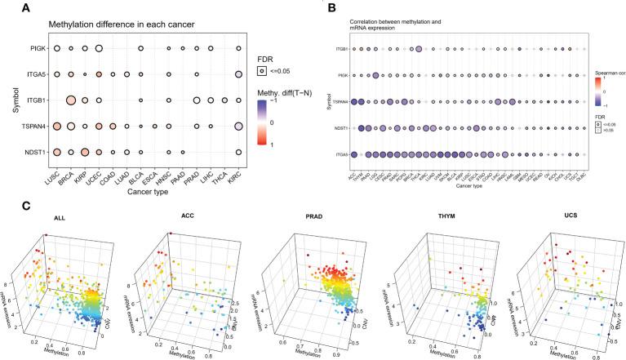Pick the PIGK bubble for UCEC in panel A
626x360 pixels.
(99, 49)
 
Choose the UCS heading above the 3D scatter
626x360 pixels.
(563, 218)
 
